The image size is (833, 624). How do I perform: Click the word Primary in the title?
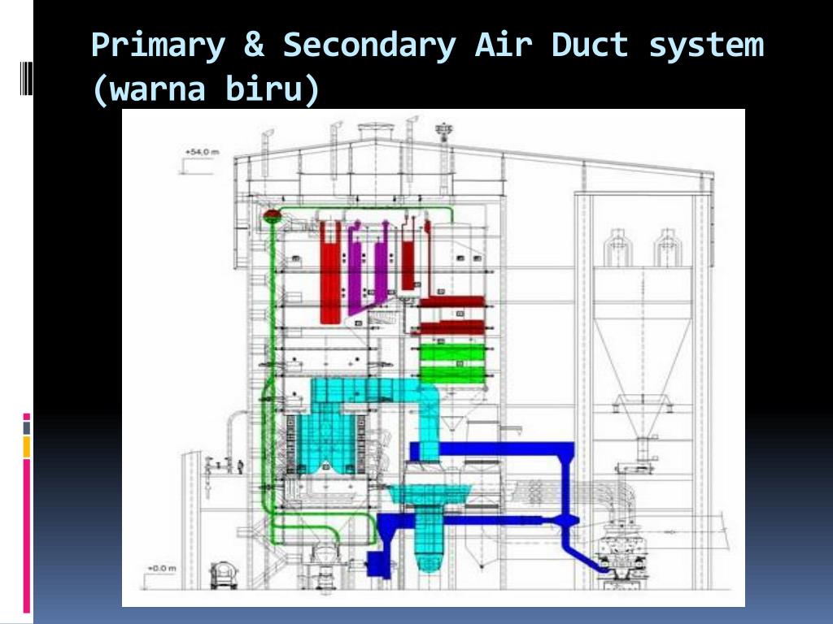pyautogui.click(x=157, y=45)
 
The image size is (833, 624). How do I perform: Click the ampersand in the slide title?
pyautogui.click(x=253, y=45)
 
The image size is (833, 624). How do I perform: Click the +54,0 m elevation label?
pyautogui.click(x=201, y=152)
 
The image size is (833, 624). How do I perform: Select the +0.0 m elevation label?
pyautogui.click(x=161, y=568)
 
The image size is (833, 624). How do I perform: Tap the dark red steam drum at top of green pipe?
pyautogui.click(x=272, y=214)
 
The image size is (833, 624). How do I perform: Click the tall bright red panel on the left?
pyautogui.click(x=330, y=272)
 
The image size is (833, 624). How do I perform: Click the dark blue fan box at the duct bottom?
pyautogui.click(x=377, y=563)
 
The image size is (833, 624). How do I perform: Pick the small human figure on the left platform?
pyautogui.click(x=229, y=465)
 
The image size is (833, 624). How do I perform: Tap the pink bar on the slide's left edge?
pyautogui.click(x=27, y=536)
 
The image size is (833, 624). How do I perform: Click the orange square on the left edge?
pyautogui.click(x=27, y=446)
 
